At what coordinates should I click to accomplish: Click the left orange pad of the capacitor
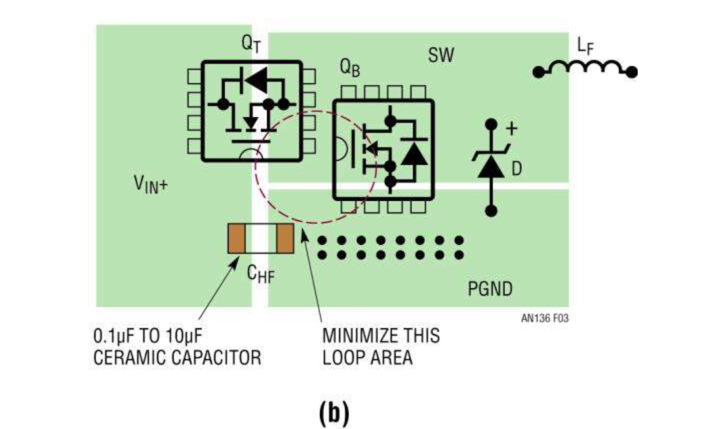237,239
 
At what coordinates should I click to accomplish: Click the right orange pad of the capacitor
285,239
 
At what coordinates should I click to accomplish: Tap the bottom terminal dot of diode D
492,211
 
